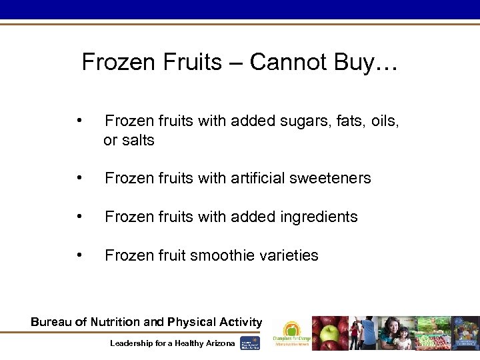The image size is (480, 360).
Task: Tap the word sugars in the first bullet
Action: point(301,121)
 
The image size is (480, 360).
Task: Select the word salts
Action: point(138,141)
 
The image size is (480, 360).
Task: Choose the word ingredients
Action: point(317,217)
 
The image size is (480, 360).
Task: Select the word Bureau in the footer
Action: point(50,322)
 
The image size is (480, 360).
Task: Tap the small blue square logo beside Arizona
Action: point(250,343)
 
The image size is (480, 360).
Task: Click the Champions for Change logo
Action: point(291,333)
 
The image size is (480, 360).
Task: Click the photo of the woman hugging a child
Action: point(397,333)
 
